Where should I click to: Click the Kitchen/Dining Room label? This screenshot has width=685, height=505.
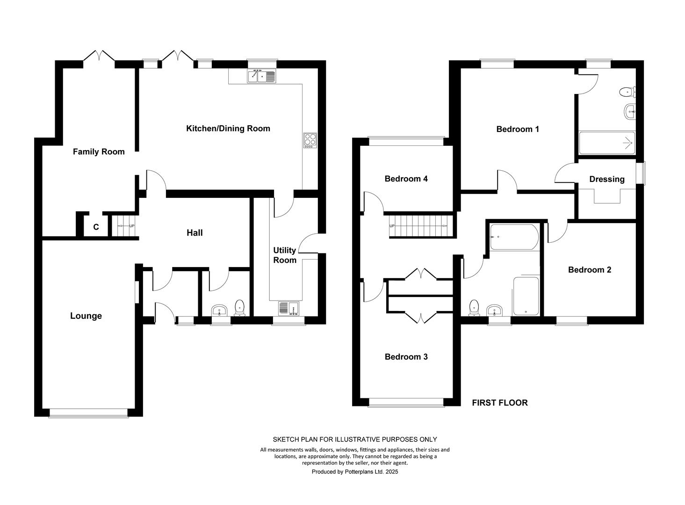(228, 129)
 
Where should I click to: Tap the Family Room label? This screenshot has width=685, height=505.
(99, 151)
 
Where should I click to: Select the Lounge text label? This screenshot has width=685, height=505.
(86, 316)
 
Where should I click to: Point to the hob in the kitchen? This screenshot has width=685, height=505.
(310, 140)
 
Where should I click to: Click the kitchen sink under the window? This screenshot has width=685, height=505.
(261, 76)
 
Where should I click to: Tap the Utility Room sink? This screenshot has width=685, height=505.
(288, 308)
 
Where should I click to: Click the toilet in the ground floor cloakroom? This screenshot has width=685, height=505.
(239, 308)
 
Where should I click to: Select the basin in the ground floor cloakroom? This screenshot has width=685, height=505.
(219, 310)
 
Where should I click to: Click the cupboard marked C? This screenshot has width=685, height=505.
(96, 227)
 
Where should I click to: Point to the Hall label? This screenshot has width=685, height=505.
(195, 233)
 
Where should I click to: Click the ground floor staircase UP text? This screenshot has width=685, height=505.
(132, 226)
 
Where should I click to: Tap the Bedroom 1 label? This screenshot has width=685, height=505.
(518, 129)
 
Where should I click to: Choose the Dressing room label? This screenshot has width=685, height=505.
(607, 179)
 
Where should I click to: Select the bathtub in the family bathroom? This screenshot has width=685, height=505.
(514, 237)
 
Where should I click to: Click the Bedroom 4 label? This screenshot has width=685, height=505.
(406, 179)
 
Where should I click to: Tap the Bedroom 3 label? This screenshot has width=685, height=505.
(406, 357)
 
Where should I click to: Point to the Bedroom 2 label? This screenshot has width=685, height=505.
(590, 269)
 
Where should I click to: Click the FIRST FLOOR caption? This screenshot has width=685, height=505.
(500, 403)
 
